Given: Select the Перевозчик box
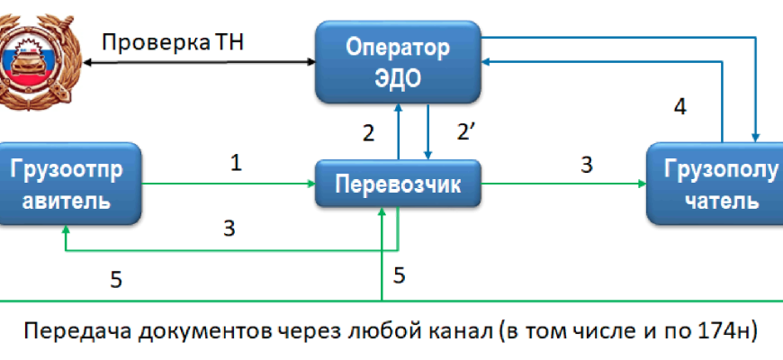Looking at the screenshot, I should click(397, 185).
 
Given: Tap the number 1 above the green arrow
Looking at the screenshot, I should click(236, 164).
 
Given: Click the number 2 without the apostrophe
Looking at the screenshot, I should click(368, 133).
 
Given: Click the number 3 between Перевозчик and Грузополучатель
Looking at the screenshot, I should click(587, 165).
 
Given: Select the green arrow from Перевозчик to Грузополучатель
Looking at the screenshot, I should click(563, 185).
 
